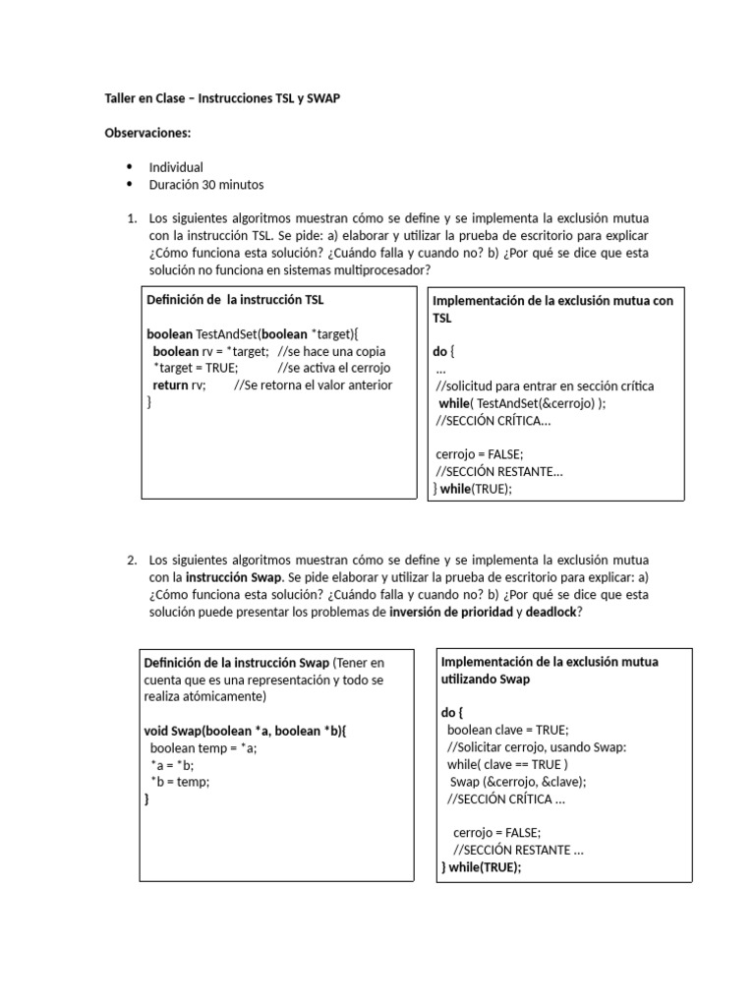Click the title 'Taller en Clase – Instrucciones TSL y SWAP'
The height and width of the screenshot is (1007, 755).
point(222,100)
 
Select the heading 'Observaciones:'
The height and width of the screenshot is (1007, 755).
point(147,134)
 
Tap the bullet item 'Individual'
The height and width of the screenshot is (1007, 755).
point(176,167)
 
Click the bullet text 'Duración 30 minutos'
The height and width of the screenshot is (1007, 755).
point(206,184)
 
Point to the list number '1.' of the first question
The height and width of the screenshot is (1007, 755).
point(132,218)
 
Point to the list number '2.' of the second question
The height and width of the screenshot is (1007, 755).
point(132,560)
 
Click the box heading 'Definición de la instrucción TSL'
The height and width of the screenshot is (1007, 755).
point(235,300)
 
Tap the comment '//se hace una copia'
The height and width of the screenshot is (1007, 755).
point(331,351)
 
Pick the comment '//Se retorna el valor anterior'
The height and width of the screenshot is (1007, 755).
point(313,385)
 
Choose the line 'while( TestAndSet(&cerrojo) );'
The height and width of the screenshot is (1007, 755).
point(522,403)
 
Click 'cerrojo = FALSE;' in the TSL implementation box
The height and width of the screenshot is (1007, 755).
point(480,453)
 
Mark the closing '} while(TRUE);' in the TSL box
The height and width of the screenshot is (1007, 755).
point(473,488)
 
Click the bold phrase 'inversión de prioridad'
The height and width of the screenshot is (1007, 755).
point(450,612)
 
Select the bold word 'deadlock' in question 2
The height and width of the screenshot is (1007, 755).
point(552,612)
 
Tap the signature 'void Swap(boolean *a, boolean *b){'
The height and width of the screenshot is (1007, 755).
point(246,731)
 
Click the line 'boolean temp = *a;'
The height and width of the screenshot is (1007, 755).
point(203,747)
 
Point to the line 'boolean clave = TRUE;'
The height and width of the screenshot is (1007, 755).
point(507,730)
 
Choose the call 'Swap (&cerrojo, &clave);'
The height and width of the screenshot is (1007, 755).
point(518,781)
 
